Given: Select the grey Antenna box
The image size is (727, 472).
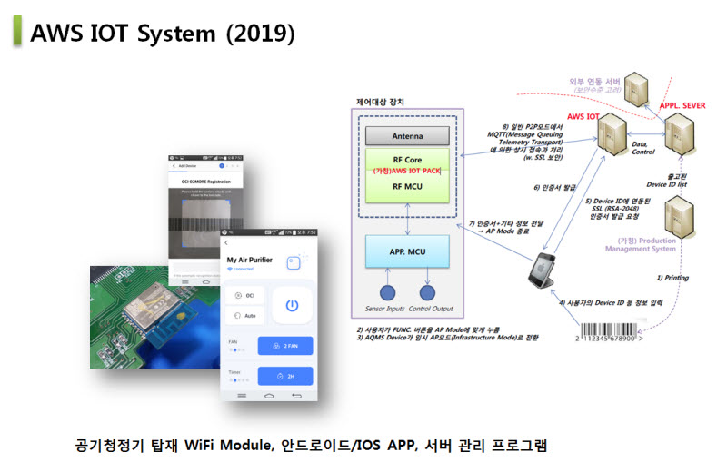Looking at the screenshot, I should (407, 137).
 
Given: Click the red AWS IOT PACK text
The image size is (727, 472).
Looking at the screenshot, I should (408, 171).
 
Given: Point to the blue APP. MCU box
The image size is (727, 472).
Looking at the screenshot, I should (407, 251).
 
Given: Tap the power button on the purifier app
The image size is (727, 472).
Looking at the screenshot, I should (292, 306).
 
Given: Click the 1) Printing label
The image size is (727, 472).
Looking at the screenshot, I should (673, 278).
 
